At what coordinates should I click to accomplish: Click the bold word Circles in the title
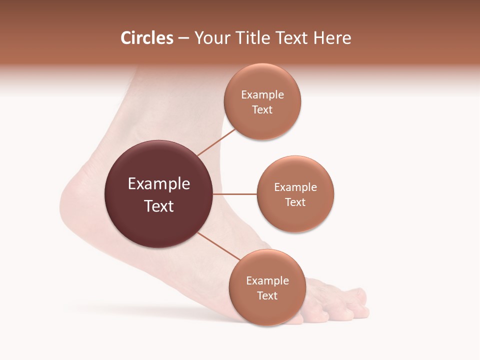tap(146, 38)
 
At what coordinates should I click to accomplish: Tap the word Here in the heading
tap(332, 38)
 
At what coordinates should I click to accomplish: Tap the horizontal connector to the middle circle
tap(234, 194)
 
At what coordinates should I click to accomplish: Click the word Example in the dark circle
tap(159, 184)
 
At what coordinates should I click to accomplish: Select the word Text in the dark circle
tap(159, 206)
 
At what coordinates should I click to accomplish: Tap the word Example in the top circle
tap(262, 95)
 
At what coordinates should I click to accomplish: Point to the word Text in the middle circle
tap(295, 202)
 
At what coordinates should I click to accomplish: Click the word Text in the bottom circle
tap(267, 296)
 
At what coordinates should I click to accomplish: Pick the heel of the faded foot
tap(75, 195)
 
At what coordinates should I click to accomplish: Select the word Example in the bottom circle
tap(267, 281)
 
